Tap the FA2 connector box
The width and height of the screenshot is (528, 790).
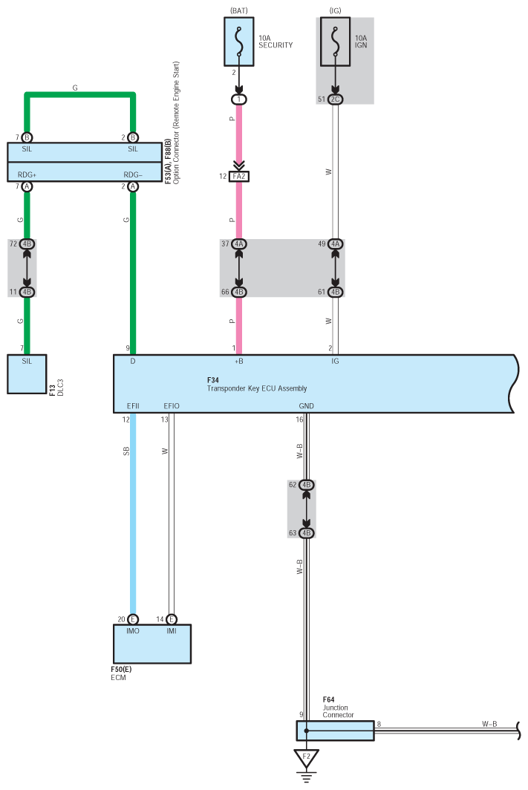(239, 177)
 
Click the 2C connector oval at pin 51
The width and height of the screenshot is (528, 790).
(336, 99)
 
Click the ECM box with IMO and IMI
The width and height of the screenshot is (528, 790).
(152, 644)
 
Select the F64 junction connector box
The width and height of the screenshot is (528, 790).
(334, 731)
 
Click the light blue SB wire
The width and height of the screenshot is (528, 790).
(134, 520)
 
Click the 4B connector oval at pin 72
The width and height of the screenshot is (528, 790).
(27, 244)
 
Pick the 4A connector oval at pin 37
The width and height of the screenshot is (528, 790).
(239, 244)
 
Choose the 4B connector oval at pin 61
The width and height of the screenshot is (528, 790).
(336, 292)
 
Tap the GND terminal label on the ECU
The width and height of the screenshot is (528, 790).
(306, 406)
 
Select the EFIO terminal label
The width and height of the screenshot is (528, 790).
(171, 406)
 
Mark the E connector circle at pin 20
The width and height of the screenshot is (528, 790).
(134, 618)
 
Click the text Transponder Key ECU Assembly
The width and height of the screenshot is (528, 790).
(256, 388)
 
